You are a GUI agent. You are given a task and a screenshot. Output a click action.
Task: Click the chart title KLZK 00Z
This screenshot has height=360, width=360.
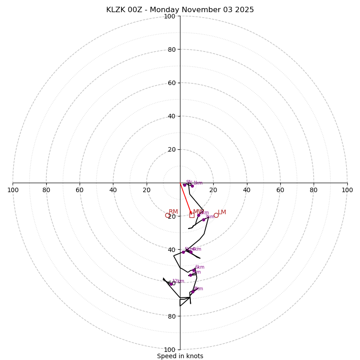tap(180, 10)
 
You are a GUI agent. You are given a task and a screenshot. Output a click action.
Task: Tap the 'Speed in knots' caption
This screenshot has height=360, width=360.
tap(180, 356)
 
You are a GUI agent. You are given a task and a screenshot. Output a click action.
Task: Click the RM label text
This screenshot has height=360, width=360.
tap(173, 212)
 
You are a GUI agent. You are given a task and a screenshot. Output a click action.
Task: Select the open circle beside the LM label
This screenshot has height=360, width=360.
tap(216, 215)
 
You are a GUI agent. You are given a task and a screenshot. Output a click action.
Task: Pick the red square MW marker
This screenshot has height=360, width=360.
tap(192, 215)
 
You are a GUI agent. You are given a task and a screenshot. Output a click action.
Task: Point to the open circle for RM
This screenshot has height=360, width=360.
tap(168, 216)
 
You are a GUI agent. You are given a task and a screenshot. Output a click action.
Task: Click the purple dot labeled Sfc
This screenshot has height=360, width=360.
tap(184, 185)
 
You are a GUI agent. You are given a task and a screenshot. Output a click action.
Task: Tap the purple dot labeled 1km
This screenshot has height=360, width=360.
tap(192, 186)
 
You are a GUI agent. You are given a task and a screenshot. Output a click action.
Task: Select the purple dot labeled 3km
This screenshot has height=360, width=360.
tap(203, 220)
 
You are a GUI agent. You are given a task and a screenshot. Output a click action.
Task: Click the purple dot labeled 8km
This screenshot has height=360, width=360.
tap(193, 292)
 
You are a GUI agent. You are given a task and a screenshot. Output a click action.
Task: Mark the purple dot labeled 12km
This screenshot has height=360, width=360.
tap(171, 283)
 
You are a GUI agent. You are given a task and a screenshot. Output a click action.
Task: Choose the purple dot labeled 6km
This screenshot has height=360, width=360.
tap(194, 270)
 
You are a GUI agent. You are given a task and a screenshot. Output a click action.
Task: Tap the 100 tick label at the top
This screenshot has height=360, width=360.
tap(170, 17)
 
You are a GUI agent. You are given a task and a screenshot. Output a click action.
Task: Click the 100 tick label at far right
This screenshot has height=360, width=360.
tap(347, 190)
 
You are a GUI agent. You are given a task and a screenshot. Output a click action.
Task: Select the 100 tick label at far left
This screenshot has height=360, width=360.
tap(13, 190)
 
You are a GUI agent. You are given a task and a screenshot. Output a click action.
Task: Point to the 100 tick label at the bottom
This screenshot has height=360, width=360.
tap(170, 350)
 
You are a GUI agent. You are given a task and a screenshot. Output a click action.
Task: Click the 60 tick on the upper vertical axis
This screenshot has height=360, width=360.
tap(171, 83)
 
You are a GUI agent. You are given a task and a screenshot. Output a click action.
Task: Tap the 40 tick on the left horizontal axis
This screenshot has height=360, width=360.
tap(113, 190)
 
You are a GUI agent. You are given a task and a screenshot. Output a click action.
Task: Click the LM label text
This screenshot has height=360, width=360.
tap(222, 212)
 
